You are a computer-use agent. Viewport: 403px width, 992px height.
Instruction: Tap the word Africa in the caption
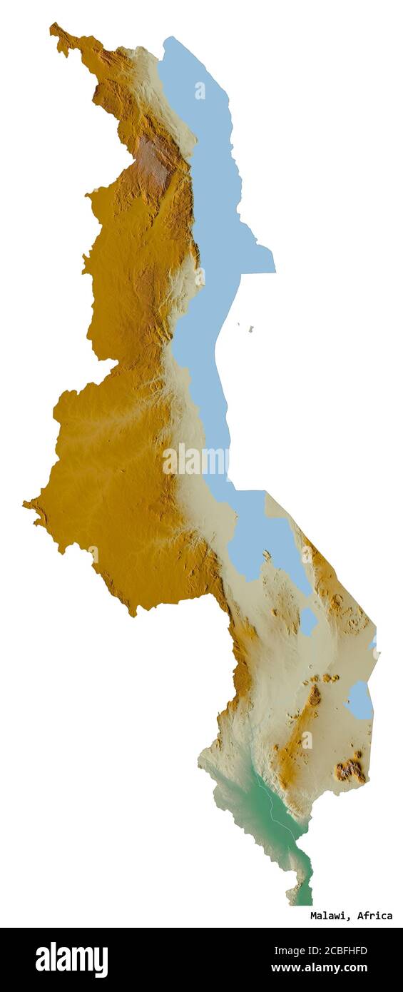(x=375, y=916)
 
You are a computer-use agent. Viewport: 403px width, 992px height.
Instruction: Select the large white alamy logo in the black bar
(x=71, y=960)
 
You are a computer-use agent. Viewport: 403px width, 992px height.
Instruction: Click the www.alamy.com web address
(x=319, y=968)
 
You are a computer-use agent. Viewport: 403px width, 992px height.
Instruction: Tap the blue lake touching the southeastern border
(x=360, y=701)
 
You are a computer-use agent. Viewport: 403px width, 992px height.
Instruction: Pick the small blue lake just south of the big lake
(x=308, y=621)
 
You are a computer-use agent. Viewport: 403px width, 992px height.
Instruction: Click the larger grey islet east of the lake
(x=250, y=329)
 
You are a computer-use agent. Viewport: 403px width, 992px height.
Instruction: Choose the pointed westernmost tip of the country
(x=26, y=505)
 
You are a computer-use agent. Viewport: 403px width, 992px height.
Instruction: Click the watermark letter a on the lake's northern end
(x=200, y=91)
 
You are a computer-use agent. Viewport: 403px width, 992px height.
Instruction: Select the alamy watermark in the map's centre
(x=195, y=460)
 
